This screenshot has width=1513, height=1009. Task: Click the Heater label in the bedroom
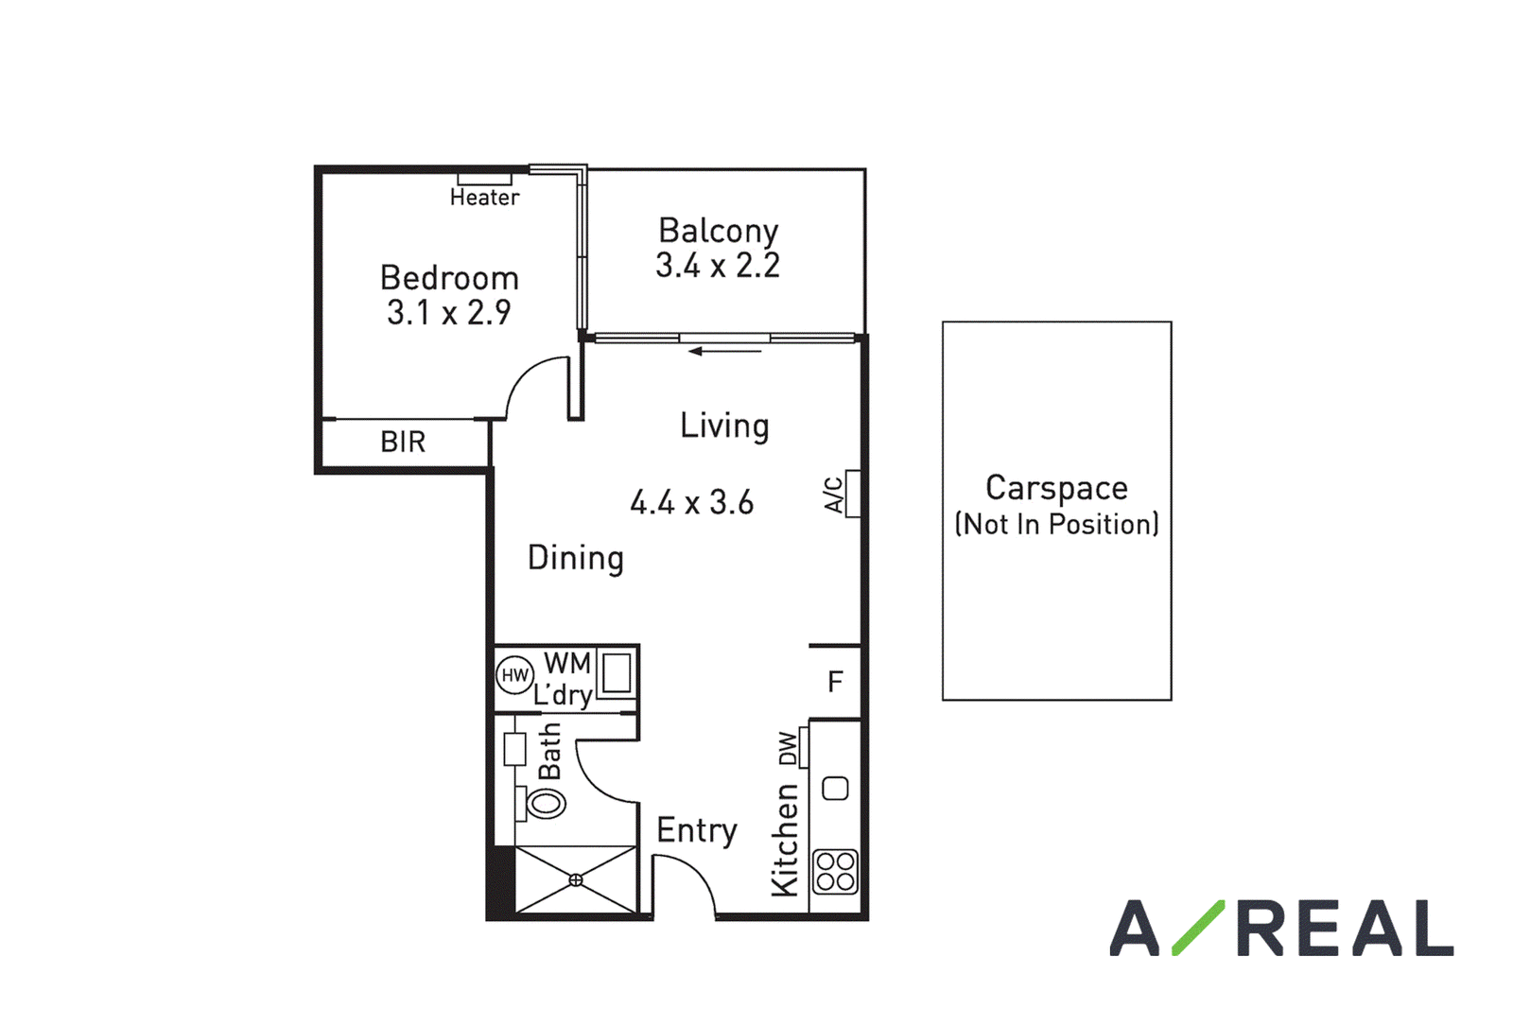(485, 198)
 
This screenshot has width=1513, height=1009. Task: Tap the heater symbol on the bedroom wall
(485, 179)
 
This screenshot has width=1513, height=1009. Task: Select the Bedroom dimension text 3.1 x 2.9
(449, 313)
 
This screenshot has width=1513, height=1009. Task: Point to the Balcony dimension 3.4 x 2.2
(718, 266)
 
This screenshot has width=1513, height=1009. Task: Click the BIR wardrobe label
(403, 443)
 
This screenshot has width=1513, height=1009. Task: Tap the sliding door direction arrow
(724, 351)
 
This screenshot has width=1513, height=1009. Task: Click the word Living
(724, 426)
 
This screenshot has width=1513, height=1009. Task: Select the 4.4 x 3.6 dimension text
(691, 503)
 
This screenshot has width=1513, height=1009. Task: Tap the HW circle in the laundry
(514, 674)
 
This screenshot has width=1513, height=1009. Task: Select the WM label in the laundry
(567, 664)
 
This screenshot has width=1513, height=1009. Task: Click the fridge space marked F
(836, 682)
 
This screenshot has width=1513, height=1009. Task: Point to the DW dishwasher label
(788, 748)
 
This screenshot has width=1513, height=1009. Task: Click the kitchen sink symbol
(836, 789)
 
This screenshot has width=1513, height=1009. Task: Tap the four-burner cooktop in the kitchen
(836, 872)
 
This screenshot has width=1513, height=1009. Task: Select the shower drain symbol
(576, 880)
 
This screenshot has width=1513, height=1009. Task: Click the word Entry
(697, 831)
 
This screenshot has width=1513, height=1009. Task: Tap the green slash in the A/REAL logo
(1198, 928)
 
